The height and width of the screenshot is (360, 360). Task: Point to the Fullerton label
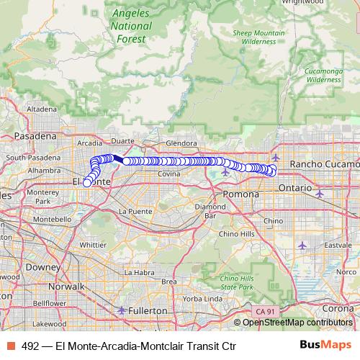[148, 310]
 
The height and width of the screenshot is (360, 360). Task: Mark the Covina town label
[168, 174]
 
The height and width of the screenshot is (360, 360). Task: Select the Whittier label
[93, 245]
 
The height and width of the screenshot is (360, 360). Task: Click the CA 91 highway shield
[264, 310]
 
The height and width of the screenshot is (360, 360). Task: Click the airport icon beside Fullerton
[122, 310]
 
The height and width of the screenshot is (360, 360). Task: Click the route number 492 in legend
[30, 346]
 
